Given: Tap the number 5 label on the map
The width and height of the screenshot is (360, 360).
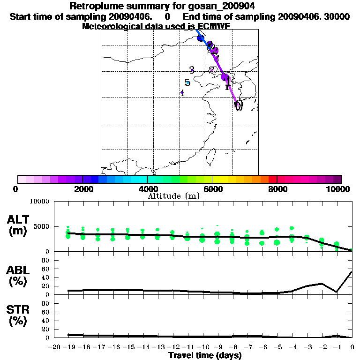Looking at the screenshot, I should pos(187,82).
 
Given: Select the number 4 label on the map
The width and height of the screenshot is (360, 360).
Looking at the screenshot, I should pos(182,92).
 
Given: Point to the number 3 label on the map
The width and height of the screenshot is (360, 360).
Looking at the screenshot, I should pos(192,70).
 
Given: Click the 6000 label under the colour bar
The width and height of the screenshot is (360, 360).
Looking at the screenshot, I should pos(212,189).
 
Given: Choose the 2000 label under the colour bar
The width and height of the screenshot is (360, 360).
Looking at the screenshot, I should pos(82,189).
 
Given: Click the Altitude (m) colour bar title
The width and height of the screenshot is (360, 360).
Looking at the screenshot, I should pos(174,196).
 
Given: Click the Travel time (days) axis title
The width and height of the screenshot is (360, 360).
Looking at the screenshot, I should pos(205,355).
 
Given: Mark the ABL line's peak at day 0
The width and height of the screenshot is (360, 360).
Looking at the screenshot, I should pos(352,271).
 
